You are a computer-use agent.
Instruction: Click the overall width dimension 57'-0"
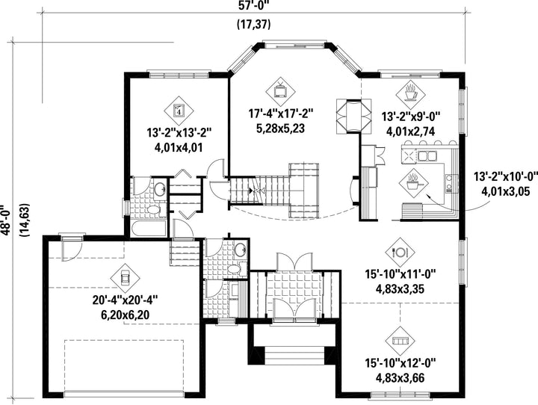coord(254,4)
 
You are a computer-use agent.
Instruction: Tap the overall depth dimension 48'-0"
coord(7,220)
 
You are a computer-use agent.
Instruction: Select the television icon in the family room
coord(281,92)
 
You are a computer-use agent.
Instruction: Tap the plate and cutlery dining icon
coord(400,253)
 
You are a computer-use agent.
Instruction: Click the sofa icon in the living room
coord(400,341)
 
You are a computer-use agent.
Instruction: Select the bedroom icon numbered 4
coord(179,111)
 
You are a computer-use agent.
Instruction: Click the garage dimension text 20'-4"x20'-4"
coord(125,300)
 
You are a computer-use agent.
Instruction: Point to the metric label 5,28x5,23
coord(281,129)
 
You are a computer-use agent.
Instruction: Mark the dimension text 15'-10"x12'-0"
coord(400,363)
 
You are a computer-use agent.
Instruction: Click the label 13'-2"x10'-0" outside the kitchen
coord(506,176)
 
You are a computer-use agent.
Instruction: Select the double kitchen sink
coord(427,156)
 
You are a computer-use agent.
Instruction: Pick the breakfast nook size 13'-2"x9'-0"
coord(411,117)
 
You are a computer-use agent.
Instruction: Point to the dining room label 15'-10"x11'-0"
coord(400,274)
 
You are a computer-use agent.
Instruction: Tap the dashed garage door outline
coord(124,366)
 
